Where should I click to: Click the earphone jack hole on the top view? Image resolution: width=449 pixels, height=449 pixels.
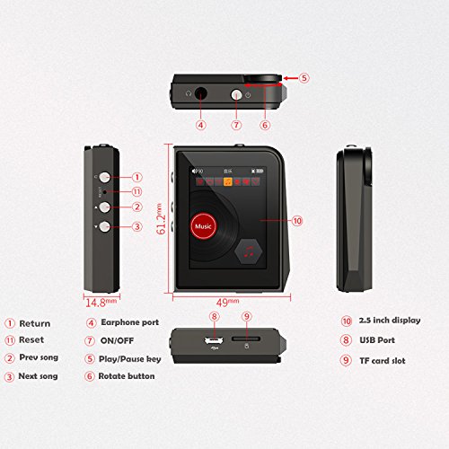pos(200,93)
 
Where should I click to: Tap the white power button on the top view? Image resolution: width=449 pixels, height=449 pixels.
pos(236,95)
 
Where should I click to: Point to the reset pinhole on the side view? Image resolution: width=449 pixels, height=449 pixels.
pos(104,191)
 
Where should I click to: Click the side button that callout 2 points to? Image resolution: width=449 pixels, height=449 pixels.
pos(105,207)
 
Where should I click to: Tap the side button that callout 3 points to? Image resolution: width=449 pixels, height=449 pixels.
pos(105,226)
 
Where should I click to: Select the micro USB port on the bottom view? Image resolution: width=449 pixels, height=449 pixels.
pos(214,340)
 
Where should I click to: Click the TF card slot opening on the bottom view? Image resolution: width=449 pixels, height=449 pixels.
pos(246,339)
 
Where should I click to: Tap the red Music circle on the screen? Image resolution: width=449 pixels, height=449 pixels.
pos(204,226)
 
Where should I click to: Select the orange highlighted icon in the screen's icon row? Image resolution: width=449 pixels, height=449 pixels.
pos(228,181)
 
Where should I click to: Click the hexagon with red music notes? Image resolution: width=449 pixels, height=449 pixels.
pos(249,251)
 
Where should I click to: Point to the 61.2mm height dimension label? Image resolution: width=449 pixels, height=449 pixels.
pos(161,218)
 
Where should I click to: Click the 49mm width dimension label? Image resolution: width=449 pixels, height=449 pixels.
pos(228,303)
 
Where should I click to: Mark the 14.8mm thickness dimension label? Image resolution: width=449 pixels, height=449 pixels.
pos(101,303)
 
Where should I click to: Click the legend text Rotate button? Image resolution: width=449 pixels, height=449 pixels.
pos(127,376)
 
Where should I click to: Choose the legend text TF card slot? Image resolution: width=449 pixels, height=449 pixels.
pos(383,361)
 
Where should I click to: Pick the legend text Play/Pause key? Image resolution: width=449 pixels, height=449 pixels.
pos(130,359)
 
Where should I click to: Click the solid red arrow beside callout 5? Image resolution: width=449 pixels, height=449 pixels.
pos(291,78)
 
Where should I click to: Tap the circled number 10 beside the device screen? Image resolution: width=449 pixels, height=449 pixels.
pos(297,221)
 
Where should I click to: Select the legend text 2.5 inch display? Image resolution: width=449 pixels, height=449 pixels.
pos(390,321)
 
